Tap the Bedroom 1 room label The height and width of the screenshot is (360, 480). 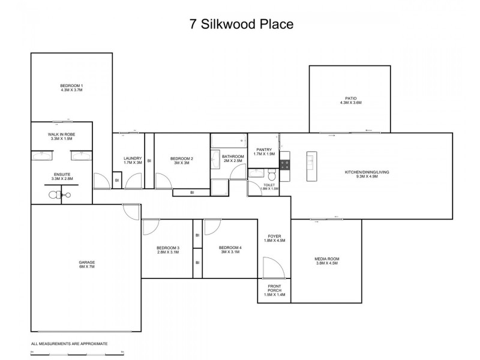click(x=71, y=88)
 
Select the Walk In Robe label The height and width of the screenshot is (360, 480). click(x=62, y=136)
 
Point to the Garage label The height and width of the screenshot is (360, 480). click(x=86, y=264)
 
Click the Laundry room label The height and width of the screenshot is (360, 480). click(x=132, y=160)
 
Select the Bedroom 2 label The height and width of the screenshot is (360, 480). click(x=181, y=160)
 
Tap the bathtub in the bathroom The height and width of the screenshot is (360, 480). click(x=229, y=142)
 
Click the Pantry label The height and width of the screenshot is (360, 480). click(x=264, y=152)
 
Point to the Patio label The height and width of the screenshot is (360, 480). click(x=350, y=100)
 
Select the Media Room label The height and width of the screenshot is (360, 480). click(x=326, y=261)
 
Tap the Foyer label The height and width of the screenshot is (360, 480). click(x=276, y=238)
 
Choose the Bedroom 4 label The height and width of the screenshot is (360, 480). click(x=230, y=250)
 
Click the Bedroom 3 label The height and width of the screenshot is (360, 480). click(x=168, y=250)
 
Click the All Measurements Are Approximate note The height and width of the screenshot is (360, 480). click(x=69, y=344)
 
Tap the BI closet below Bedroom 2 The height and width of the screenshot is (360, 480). click(x=191, y=193)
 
